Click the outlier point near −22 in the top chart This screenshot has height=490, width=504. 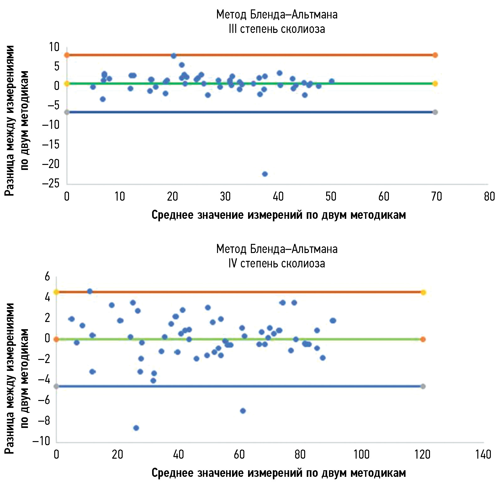click(265, 174)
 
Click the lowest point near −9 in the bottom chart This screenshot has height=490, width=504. click(136, 428)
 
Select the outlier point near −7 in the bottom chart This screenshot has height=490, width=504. click(243, 411)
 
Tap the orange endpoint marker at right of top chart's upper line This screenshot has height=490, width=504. click(435, 55)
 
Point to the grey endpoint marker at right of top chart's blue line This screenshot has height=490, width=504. click(435, 112)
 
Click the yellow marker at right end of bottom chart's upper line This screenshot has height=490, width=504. click(423, 292)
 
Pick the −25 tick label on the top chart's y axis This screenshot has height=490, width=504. click(51, 183)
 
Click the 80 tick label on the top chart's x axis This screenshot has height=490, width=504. click(489, 197)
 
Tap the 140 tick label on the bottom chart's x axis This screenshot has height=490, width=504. click(483, 455)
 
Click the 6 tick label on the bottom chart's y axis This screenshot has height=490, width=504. click(47, 277)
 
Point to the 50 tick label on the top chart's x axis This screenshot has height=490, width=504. click(331, 197)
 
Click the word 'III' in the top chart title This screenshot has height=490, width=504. click(233, 29)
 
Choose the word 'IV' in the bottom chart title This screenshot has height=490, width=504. click(233, 263)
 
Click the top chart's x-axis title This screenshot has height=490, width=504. click(279, 215)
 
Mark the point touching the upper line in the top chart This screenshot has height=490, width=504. click(173, 56)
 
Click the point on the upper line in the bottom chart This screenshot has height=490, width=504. click(90, 291)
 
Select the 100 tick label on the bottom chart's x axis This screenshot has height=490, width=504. click(362, 455)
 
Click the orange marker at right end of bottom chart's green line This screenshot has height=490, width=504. click(423, 339)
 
